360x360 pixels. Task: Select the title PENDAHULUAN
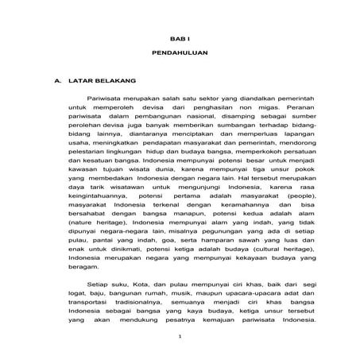[180, 59]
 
